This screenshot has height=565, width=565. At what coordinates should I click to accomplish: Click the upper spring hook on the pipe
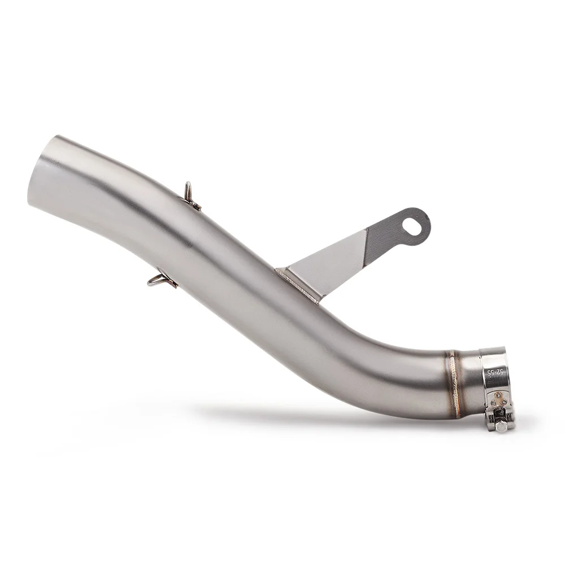(193, 197)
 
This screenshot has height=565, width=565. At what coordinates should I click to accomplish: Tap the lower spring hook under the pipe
(162, 280)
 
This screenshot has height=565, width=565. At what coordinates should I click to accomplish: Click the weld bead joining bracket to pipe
(297, 285)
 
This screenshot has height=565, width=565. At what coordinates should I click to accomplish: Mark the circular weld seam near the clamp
(455, 384)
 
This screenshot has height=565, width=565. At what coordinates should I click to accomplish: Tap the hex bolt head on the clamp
(501, 427)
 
